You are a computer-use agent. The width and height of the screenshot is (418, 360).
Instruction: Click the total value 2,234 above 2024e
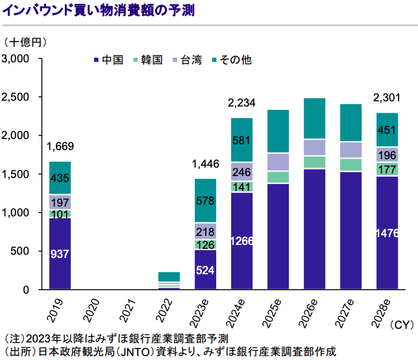click(x=241, y=103)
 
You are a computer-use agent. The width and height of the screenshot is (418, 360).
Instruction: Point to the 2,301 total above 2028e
click(x=387, y=99)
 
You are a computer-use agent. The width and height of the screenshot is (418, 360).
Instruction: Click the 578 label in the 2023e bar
click(x=205, y=201)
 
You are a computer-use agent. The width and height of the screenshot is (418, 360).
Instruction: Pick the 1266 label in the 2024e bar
click(x=241, y=241)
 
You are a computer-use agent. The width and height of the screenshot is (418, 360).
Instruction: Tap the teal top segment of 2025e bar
click(x=278, y=131)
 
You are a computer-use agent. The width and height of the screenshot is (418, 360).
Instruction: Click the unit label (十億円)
click(x=25, y=43)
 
